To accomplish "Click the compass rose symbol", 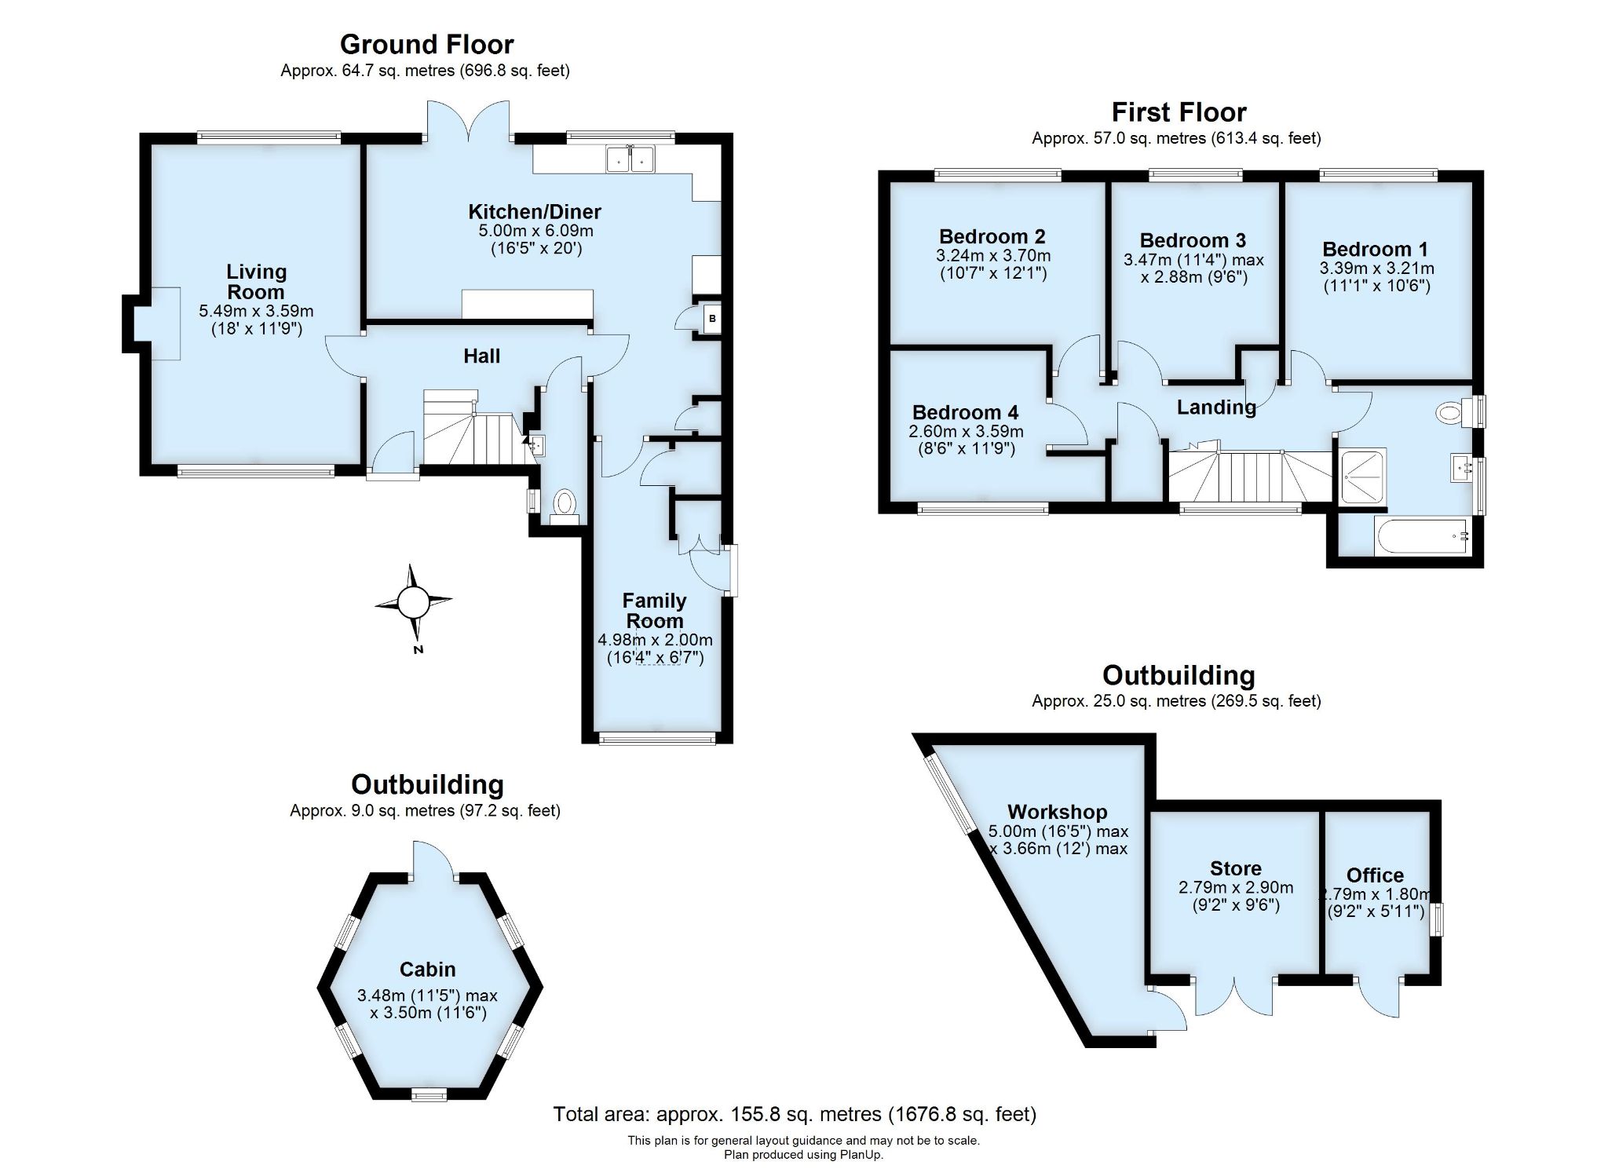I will [413, 603].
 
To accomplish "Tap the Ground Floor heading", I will [426, 44].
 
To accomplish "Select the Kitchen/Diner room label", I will [534, 211].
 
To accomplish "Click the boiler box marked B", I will [712, 319].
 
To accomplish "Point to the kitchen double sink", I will [630, 159].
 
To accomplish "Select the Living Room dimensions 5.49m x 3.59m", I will [256, 312].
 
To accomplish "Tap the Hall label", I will [481, 356].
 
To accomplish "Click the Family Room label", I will [654, 610].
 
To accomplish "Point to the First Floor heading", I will [1178, 112].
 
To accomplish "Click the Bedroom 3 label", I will [1192, 240].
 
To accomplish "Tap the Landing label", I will [1215, 407].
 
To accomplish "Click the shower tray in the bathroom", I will [1362, 476].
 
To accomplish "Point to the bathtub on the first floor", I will [1422, 536].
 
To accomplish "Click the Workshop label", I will [1057, 812].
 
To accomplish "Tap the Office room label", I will [1374, 875].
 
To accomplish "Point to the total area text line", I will [794, 1114].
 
